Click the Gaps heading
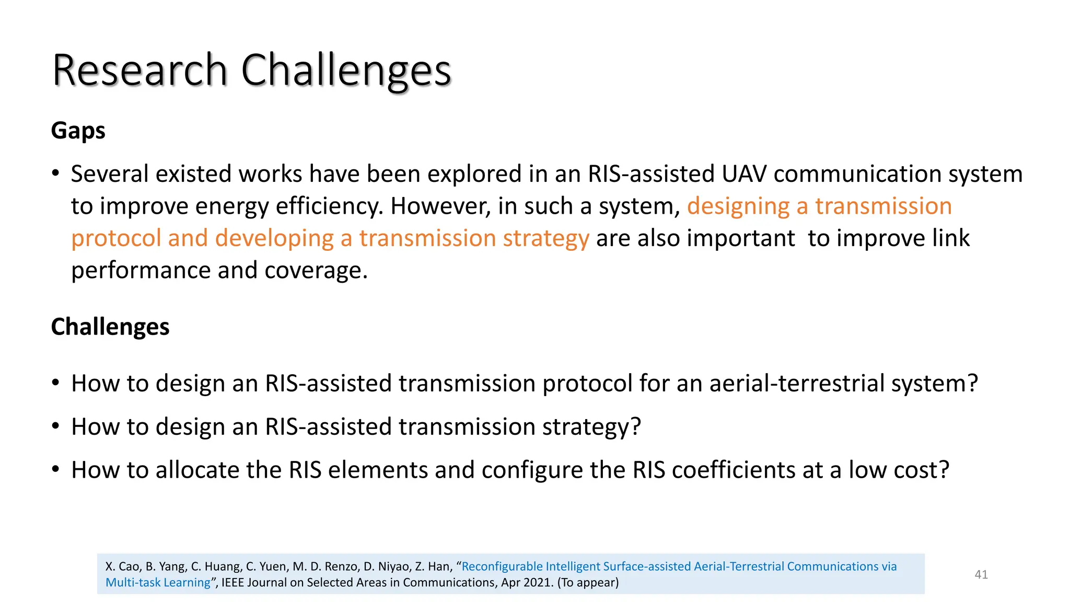coord(78,130)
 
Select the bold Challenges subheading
coord(110,327)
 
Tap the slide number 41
coord(981,574)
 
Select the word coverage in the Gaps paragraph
coord(316,270)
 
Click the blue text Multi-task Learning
coord(158,583)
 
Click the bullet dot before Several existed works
coord(55,174)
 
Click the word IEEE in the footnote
coord(233,583)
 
